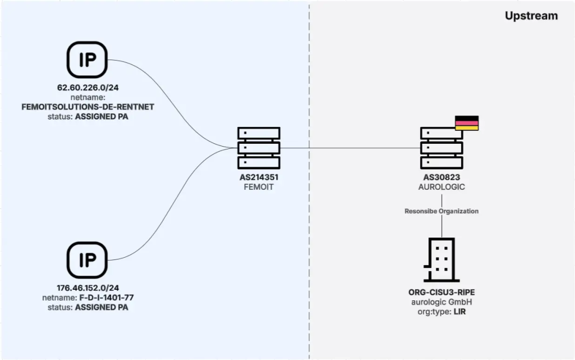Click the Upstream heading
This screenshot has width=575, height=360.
pos(531,16)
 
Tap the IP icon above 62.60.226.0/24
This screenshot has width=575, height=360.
pos(87,60)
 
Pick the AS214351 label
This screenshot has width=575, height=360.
pos(259,178)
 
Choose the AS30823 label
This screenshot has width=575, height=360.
pos(441,178)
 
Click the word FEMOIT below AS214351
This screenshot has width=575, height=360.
pos(259,187)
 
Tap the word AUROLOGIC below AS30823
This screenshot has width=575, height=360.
pos(441,187)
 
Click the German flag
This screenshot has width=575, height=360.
pos(467,123)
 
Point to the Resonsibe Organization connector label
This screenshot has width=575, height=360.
pos(441,211)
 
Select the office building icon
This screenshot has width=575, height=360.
pos(441,259)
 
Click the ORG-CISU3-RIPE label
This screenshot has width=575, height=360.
pos(441,293)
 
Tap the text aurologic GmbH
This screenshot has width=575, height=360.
pos(441,302)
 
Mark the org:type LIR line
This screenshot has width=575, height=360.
pos(441,311)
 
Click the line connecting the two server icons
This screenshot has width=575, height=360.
pos(348,148)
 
